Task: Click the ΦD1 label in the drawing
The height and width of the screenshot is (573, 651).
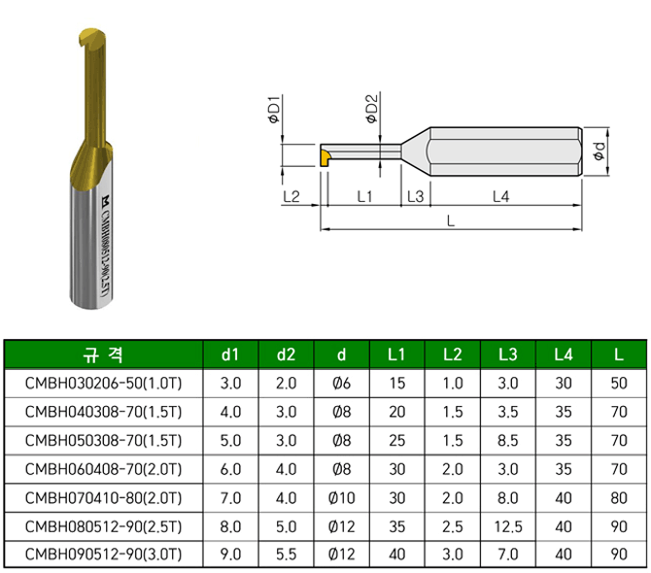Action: point(274,109)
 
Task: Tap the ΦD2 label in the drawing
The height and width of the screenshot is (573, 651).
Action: point(371,109)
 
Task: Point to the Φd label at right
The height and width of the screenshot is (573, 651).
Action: point(599,152)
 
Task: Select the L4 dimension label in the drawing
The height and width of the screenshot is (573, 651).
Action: point(500,196)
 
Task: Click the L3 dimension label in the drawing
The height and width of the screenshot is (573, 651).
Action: point(415,196)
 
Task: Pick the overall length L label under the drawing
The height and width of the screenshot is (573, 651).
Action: point(451,220)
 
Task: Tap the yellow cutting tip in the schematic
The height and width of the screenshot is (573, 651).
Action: point(325,158)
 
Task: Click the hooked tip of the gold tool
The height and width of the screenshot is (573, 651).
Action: point(84,40)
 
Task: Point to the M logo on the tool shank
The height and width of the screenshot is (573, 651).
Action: point(106,201)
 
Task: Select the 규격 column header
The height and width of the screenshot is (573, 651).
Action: point(103,354)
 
